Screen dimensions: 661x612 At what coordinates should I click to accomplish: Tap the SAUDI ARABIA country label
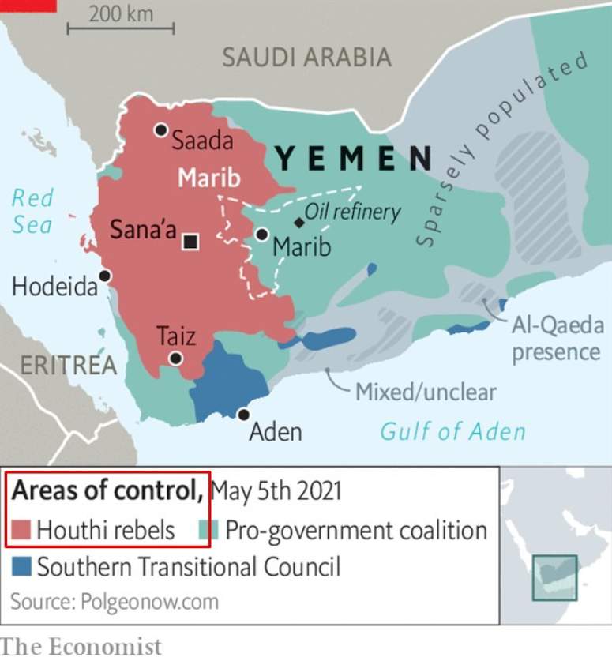tap(306, 57)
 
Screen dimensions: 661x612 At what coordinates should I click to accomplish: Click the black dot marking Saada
tap(161, 130)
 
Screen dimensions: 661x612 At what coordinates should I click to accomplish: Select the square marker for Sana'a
tap(190, 242)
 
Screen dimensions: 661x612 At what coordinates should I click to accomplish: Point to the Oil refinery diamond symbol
tap(298, 223)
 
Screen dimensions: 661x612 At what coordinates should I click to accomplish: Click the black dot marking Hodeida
tap(104, 276)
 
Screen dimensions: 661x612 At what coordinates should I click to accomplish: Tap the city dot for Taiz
tap(175, 359)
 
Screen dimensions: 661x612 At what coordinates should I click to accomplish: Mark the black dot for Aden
tap(244, 415)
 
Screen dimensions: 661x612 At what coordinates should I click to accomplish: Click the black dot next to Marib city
tap(261, 235)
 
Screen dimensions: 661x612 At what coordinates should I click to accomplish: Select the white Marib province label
tap(208, 178)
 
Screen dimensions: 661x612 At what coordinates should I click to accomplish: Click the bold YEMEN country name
tap(353, 159)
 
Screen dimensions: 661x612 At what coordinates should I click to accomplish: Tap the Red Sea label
tap(32, 211)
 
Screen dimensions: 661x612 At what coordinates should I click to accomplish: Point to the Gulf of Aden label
tap(452, 431)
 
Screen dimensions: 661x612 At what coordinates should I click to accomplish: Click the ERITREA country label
tap(68, 365)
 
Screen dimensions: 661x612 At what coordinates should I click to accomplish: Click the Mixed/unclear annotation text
tap(426, 391)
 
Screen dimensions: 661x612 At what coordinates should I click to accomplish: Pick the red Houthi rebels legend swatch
tap(21, 530)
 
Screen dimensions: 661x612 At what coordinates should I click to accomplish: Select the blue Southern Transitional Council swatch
tap(21, 566)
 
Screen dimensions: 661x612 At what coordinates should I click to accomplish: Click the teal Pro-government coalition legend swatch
tap(208, 530)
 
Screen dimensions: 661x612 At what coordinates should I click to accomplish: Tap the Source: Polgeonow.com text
tap(115, 602)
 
